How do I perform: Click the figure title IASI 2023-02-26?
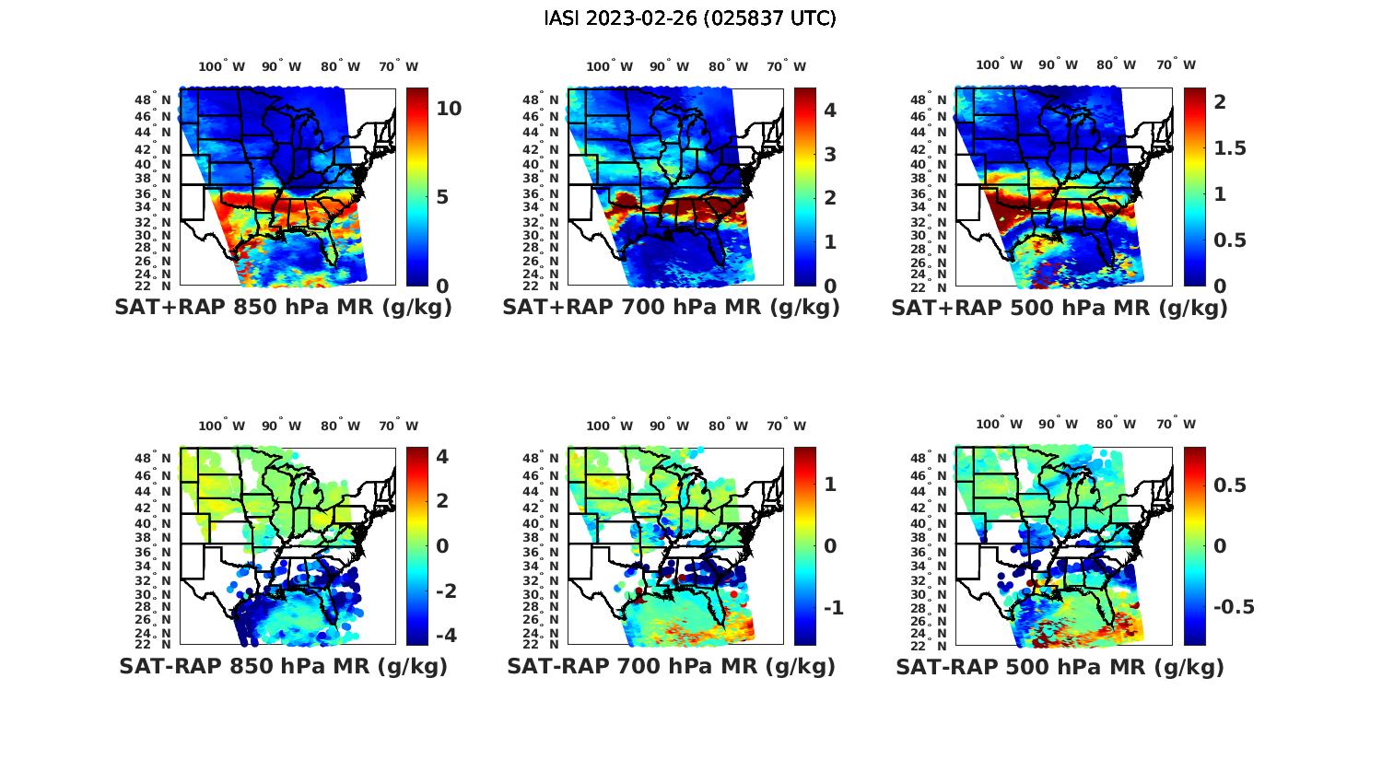[689, 18]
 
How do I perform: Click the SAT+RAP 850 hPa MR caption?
[283, 308]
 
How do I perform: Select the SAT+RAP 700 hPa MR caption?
[671, 308]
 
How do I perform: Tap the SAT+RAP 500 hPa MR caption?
[1059, 308]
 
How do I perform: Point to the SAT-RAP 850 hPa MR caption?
[283, 666]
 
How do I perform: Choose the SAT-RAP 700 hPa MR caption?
[671, 666]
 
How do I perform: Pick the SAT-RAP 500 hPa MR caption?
[1060, 666]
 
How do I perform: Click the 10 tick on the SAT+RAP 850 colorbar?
[449, 109]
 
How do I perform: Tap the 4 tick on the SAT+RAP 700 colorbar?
[829, 111]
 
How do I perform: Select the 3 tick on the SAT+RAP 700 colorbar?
[829, 154]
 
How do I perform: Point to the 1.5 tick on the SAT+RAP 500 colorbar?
[1230, 148]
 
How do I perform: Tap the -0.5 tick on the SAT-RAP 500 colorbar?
[1234, 607]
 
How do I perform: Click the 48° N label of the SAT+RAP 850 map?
[153, 99]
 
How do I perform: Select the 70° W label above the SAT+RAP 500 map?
[1177, 65]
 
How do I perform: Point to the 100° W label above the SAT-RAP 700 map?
[609, 426]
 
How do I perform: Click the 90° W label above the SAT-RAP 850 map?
[281, 426]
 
